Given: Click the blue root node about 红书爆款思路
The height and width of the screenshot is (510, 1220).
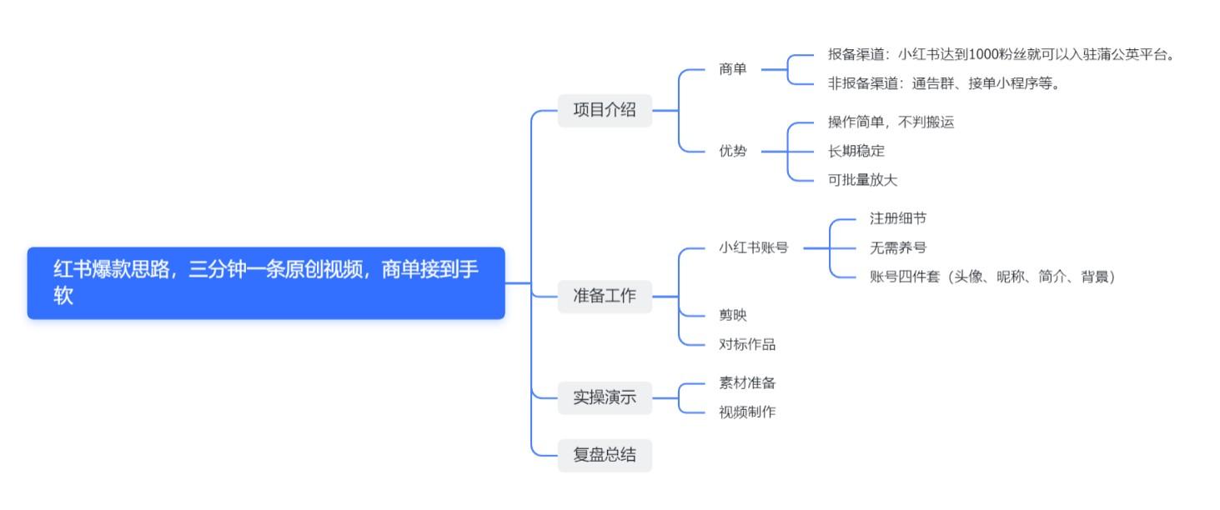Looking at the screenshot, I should pyautogui.click(x=266, y=282).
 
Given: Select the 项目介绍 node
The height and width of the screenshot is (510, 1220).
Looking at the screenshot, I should pyautogui.click(x=605, y=110).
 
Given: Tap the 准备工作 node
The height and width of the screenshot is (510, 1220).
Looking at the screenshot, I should pyautogui.click(x=605, y=296).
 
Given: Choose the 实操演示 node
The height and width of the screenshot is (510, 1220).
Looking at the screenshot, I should pyautogui.click(x=605, y=397).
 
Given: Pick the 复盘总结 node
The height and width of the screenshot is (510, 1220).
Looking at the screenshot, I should pyautogui.click(x=605, y=455).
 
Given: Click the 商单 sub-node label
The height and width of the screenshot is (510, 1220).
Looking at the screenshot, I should pyautogui.click(x=733, y=69).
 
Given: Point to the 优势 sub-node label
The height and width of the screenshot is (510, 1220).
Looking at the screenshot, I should pyautogui.click(x=733, y=152).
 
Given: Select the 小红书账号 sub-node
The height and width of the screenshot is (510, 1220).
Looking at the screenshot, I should pyautogui.click(x=754, y=247).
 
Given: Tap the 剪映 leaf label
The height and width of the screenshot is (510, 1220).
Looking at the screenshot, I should pyautogui.click(x=733, y=315).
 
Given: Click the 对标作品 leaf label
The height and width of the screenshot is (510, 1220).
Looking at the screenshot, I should pyautogui.click(x=747, y=343).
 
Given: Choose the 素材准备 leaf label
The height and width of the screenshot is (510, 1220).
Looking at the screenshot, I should pyautogui.click(x=747, y=382).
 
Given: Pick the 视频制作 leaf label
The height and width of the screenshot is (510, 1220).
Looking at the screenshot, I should pyautogui.click(x=747, y=411).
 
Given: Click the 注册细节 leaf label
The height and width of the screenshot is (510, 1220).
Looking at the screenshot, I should pyautogui.click(x=897, y=218).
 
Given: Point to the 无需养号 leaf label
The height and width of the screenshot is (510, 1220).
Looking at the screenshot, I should pyautogui.click(x=897, y=247).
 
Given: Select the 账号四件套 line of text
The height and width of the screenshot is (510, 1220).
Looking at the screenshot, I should pyautogui.click(x=992, y=277).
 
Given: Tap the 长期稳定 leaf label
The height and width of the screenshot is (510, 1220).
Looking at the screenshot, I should pyautogui.click(x=856, y=151).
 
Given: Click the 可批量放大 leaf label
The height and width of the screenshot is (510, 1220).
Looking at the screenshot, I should pyautogui.click(x=862, y=180).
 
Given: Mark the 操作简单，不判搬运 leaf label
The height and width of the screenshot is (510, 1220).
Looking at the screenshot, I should pyautogui.click(x=891, y=122).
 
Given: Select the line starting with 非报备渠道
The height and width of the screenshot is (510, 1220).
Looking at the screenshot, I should pyautogui.click(x=943, y=83).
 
